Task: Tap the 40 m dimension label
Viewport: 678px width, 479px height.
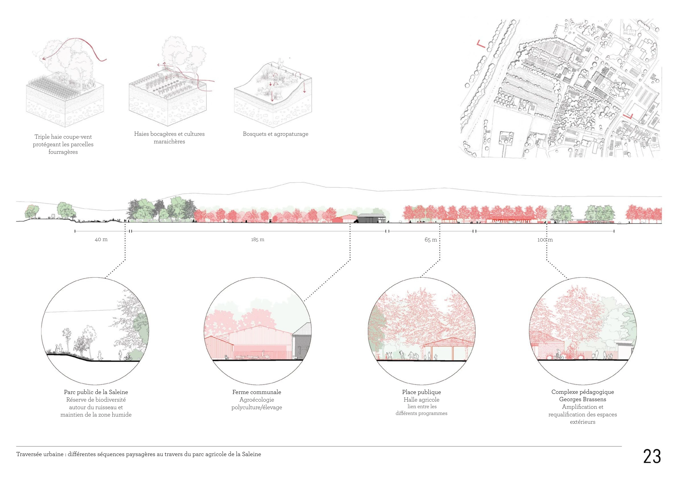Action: tap(101, 240)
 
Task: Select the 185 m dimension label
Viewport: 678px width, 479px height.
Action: tap(257, 240)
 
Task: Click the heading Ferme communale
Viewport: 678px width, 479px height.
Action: tap(257, 392)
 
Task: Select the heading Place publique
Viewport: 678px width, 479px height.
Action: tap(421, 392)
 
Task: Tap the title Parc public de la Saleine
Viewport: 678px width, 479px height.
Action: tap(96, 392)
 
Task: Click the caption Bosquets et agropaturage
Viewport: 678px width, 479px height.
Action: tap(275, 134)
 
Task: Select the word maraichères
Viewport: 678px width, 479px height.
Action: tap(169, 142)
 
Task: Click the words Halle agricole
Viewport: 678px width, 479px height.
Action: tap(421, 400)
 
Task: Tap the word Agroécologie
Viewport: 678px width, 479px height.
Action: tap(257, 400)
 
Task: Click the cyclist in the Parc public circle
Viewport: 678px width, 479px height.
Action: tap(128, 357)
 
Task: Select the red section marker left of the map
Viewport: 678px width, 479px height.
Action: tap(480, 44)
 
